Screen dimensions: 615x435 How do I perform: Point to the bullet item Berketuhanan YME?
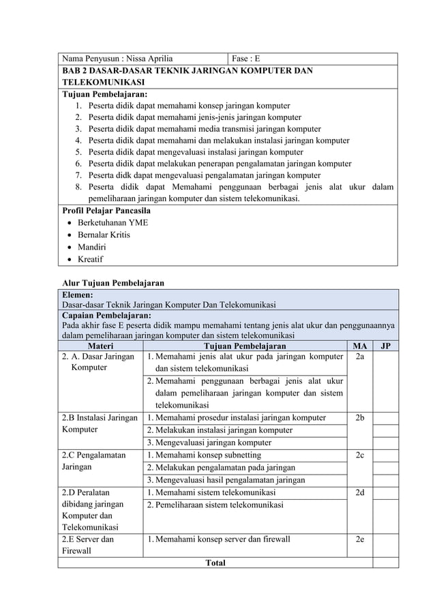tap(113, 222)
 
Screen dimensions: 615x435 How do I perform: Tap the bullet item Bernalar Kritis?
tap(104, 235)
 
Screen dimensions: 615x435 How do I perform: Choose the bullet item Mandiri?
tap(92, 247)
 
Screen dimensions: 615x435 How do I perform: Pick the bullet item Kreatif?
tap(91, 260)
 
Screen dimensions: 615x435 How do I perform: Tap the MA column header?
tap(359, 346)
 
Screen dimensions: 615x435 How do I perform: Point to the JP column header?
tap(385, 346)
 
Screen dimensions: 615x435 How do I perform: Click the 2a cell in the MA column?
tap(359, 357)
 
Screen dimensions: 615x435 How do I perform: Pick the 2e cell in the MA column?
tap(359, 539)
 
